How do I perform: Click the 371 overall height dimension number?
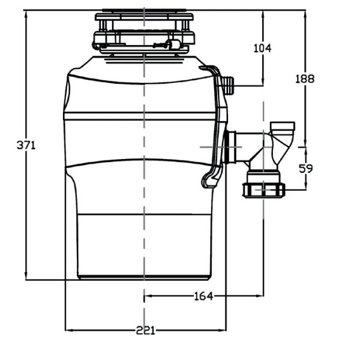[x=26, y=145]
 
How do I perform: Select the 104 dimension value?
[x=262, y=48]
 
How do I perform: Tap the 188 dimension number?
[x=305, y=79]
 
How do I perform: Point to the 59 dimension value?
[x=305, y=169]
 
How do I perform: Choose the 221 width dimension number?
[x=145, y=330]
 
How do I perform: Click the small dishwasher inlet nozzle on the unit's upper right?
[x=227, y=85]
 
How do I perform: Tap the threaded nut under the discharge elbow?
[x=263, y=190]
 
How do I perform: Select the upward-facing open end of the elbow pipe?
[x=283, y=125]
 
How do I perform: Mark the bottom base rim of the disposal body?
[x=145, y=277]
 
